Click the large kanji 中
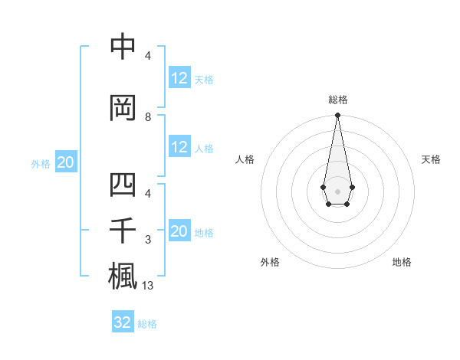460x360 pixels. click(123, 47)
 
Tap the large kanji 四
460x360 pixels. click(123, 186)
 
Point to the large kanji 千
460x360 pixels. click(123, 230)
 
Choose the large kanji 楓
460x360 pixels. click(123, 275)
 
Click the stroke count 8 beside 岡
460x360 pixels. click(148, 117)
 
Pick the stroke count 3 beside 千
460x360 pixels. click(148, 241)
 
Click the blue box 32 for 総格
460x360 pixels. click(123, 322)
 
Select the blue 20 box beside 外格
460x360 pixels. click(66, 162)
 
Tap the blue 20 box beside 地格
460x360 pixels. click(179, 232)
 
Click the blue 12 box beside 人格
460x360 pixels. click(179, 147)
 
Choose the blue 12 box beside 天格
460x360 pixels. click(179, 78)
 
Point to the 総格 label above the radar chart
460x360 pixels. click(337, 100)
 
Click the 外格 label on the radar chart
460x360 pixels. click(270, 262)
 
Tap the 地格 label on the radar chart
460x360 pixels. click(402, 262)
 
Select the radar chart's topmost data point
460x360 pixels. click(337, 116)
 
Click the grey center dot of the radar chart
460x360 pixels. click(337, 190)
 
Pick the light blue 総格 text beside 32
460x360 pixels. click(148, 324)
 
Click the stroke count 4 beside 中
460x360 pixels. click(148, 56)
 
